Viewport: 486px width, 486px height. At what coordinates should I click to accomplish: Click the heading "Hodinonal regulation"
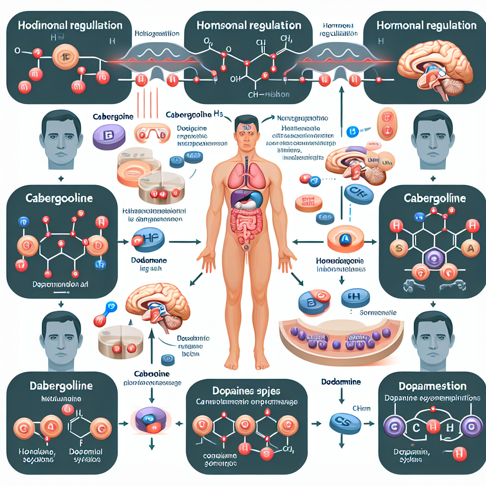point(70,25)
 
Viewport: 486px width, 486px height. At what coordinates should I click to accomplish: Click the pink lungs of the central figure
point(246,175)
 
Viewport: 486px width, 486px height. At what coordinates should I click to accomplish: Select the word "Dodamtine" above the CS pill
point(340,382)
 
